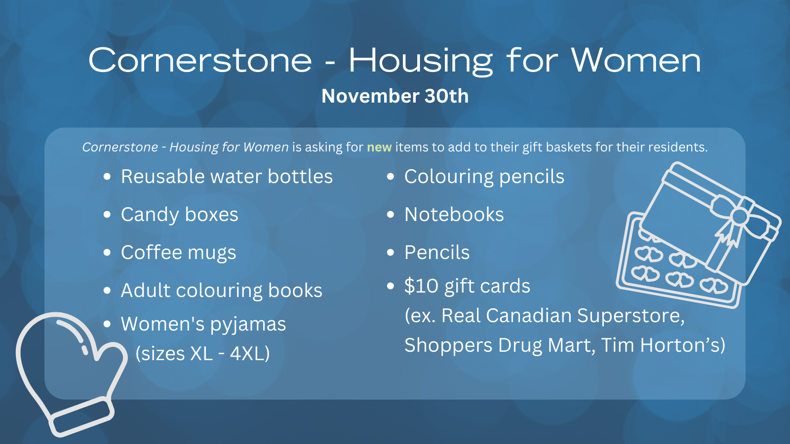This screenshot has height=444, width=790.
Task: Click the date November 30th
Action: pyautogui.click(x=395, y=96)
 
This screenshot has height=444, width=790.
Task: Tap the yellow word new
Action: pyautogui.click(x=379, y=147)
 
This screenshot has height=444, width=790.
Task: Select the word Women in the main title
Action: pyautogui.click(x=636, y=60)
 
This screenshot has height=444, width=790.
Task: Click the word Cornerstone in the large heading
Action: pyautogui.click(x=200, y=60)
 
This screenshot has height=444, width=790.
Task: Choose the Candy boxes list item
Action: pyautogui.click(x=180, y=215)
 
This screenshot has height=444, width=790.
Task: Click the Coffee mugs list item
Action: pyautogui.click(x=178, y=253)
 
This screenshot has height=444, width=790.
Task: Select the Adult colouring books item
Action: pyautogui.click(x=222, y=291)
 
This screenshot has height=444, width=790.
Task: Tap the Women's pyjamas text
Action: pyautogui.click(x=203, y=324)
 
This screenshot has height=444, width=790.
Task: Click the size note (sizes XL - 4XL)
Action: pyautogui.click(x=202, y=353)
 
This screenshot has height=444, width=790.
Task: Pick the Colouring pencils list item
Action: pyautogui.click(x=484, y=177)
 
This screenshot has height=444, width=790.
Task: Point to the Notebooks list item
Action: pyautogui.click(x=454, y=215)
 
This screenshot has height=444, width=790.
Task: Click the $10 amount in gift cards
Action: pyautogui.click(x=422, y=286)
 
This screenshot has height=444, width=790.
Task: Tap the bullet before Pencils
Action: pyautogui.click(x=391, y=253)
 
